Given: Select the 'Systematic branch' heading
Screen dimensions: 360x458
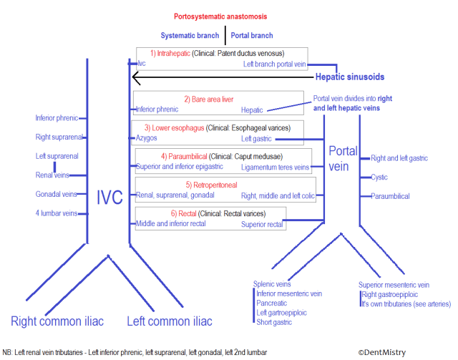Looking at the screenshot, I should (190, 35).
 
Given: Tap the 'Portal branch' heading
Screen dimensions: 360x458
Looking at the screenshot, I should (252, 35).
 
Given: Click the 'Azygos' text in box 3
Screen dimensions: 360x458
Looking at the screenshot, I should (146, 138).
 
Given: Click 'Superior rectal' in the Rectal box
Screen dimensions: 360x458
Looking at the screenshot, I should (263, 224).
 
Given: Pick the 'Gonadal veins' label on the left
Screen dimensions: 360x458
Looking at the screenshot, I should (56, 194).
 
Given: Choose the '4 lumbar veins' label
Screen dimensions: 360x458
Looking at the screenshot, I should (57, 213).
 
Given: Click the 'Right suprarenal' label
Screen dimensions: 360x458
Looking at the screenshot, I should (57, 137).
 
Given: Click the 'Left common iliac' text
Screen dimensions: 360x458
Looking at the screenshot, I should (170, 321).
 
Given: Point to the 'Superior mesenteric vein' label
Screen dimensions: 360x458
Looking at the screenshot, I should (394, 285).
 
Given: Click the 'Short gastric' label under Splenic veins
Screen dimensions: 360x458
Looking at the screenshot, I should (275, 322).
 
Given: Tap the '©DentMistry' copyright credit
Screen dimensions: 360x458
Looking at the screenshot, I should (381, 352).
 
